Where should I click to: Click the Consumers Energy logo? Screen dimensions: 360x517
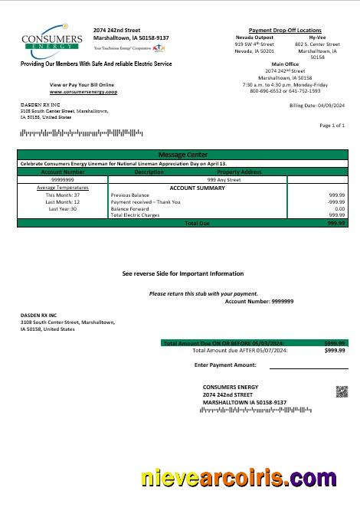pyautogui.click(x=52, y=40)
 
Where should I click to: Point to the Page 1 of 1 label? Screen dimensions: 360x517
pyautogui.click(x=332, y=125)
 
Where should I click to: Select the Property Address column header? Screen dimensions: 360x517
pyautogui.click(x=240, y=172)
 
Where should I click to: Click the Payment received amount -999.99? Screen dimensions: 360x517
pyautogui.click(x=335, y=202)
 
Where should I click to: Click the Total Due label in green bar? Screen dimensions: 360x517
pyautogui.click(x=197, y=223)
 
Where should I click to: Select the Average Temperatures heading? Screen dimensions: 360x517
pyautogui.click(x=63, y=188)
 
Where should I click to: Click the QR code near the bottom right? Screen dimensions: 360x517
pyautogui.click(x=342, y=391)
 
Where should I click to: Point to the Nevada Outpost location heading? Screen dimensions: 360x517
pyautogui.click(x=254, y=37)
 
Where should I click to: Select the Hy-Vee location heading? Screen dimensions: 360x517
pyautogui.click(x=316, y=37)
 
